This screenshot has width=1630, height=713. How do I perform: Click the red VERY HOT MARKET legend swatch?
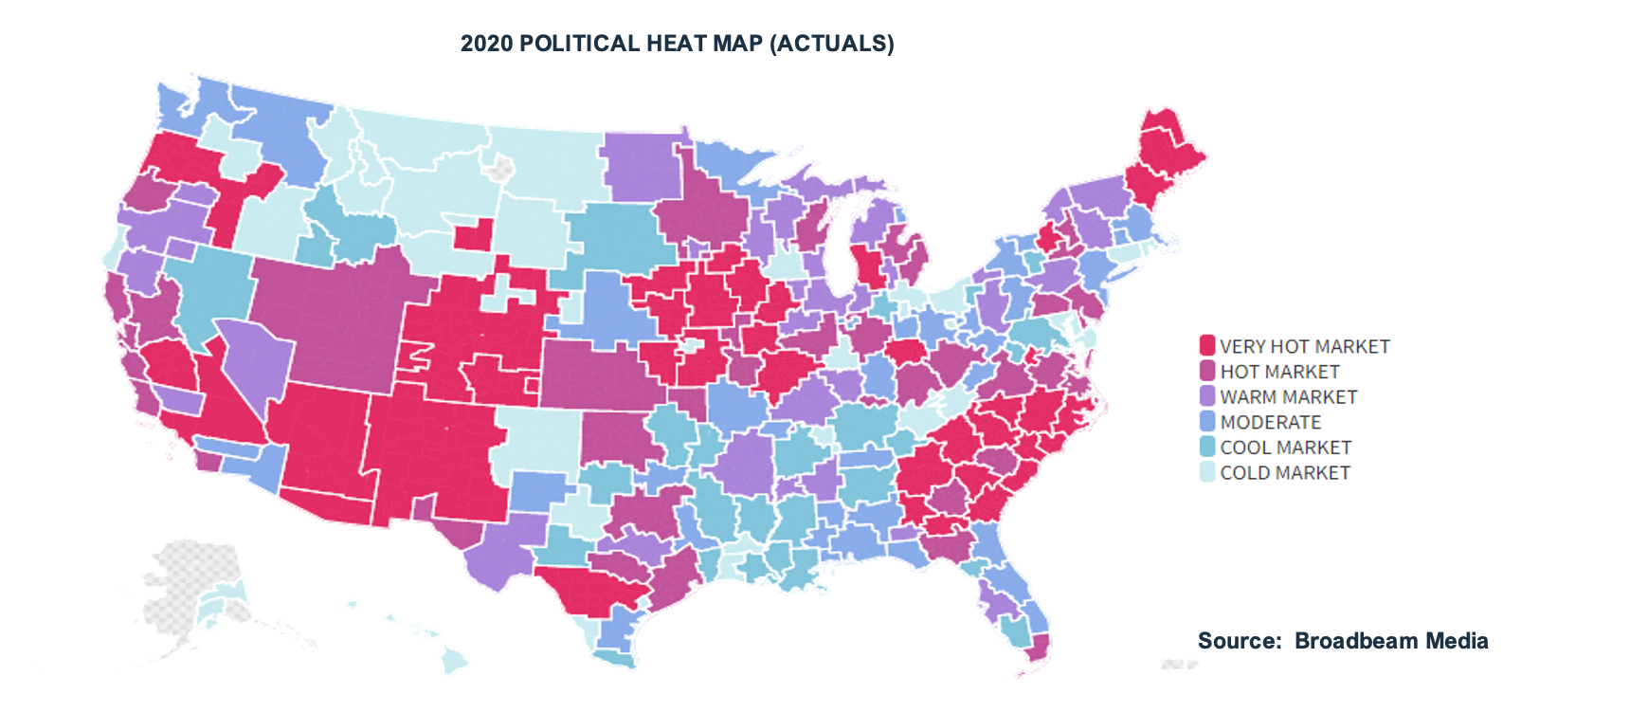pyautogui.click(x=1207, y=345)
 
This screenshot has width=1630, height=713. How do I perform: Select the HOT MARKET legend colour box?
pyautogui.click(x=1207, y=371)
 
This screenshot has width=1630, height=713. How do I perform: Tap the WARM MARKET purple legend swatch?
pyautogui.click(x=1207, y=395)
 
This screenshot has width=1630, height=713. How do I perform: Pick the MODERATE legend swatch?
pyautogui.click(x=1207, y=421)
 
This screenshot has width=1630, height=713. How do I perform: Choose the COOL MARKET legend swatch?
pyautogui.click(x=1207, y=446)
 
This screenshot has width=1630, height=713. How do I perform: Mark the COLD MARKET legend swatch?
pyautogui.click(x=1207, y=471)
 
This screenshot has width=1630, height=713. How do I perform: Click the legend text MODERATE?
pyautogui.click(x=1270, y=422)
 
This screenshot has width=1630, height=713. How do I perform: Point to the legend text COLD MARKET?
pyautogui.click(x=1285, y=472)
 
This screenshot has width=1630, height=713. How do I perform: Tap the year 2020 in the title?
pyautogui.click(x=486, y=44)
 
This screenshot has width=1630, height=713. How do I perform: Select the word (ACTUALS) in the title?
pyautogui.click(x=832, y=44)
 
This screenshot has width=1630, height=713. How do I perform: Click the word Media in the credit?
pyautogui.click(x=1458, y=641)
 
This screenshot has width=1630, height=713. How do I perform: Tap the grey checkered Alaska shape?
pyautogui.click(x=190, y=588)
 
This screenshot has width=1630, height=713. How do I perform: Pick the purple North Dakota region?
pyautogui.click(x=641, y=167)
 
